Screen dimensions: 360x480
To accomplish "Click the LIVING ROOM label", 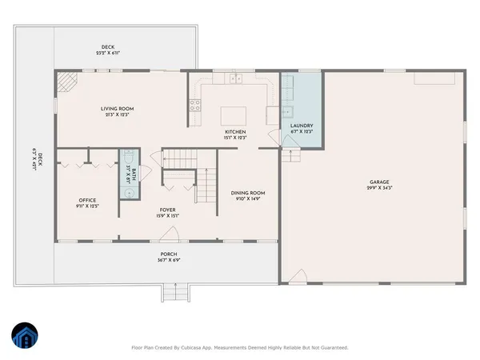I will [116, 109].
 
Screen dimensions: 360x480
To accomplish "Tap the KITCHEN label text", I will [234, 132].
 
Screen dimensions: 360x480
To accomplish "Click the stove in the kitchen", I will [194, 103].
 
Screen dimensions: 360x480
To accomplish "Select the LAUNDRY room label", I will [302, 126].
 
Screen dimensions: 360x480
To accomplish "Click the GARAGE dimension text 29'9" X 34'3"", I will [380, 186].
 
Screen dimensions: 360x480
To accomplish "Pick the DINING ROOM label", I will [247, 193].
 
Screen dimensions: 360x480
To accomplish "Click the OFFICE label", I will [87, 200].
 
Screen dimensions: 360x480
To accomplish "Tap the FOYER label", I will [167, 209].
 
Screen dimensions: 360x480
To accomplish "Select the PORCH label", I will [166, 254].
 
